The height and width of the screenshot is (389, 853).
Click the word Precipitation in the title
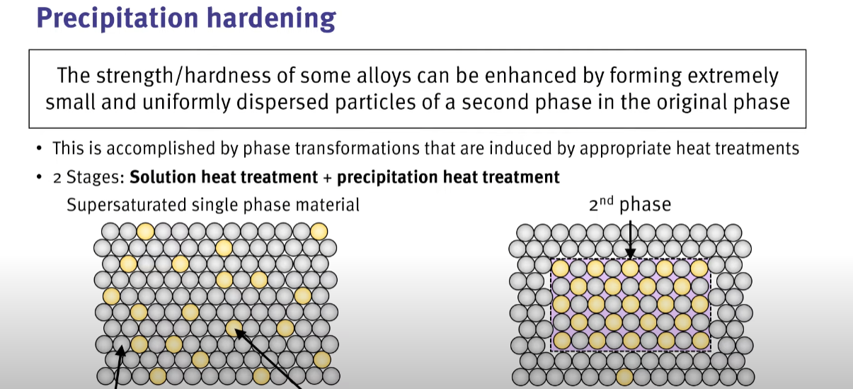[x=118, y=18]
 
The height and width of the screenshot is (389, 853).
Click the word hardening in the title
[x=272, y=18]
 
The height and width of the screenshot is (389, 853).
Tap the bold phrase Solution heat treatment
[x=224, y=177]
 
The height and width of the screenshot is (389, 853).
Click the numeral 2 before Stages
[x=57, y=178]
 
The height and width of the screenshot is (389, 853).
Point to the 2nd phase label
[x=630, y=205]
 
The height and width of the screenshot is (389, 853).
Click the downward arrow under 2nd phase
[x=630, y=239]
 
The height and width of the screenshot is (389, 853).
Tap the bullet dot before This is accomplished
[x=39, y=148]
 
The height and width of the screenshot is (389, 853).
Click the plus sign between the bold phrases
[x=328, y=178]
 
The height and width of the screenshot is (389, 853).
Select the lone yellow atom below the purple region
[x=624, y=377]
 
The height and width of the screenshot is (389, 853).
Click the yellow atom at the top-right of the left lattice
[x=319, y=231]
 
